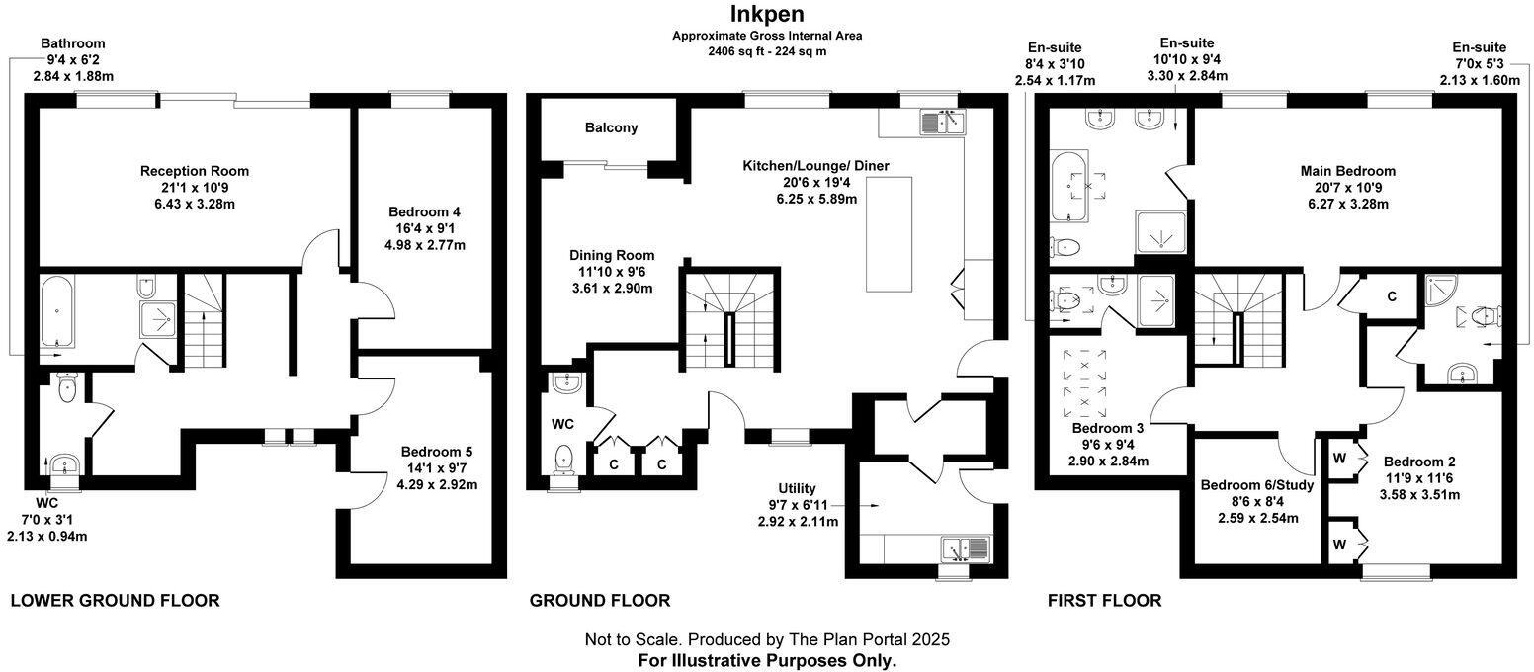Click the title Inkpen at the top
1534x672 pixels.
tap(766, 13)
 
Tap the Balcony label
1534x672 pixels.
tap(611, 127)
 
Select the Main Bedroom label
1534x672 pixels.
tap(1347, 171)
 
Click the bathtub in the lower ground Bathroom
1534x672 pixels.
tap(57, 310)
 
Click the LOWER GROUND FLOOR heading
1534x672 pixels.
tap(115, 600)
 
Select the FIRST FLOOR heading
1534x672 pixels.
tap(1104, 600)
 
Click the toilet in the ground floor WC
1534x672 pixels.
tap(564, 458)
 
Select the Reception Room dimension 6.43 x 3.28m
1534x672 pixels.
tap(194, 205)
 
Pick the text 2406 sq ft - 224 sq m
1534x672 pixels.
tap(766, 50)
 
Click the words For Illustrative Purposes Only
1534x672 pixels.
tap(767, 659)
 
